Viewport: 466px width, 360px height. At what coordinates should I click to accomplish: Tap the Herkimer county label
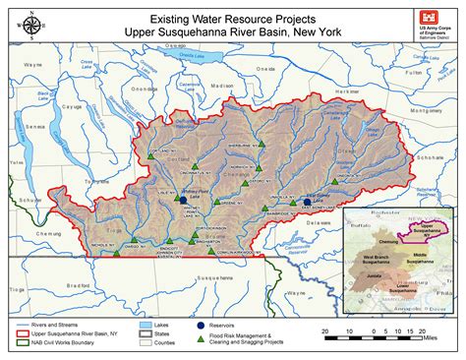coord(347,90)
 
